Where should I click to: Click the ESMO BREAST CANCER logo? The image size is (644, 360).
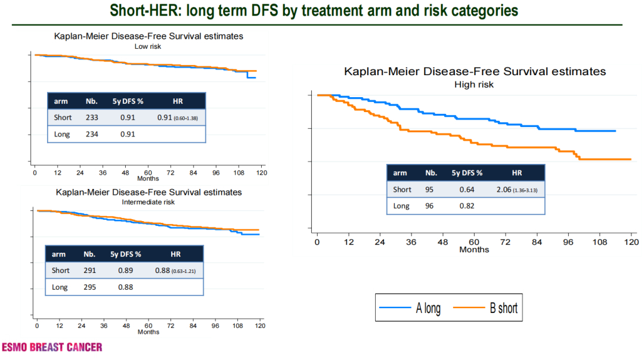52,347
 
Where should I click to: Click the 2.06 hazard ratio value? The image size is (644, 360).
507,190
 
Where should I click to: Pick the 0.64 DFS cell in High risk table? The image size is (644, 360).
467,190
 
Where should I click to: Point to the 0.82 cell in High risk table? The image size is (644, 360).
467,206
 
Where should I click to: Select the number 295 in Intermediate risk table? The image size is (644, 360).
90,287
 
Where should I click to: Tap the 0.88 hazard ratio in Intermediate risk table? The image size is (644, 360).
162,270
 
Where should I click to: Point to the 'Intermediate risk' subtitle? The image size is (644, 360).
148,202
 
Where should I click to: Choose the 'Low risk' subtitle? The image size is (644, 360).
148,45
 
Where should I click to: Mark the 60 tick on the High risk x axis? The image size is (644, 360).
474,242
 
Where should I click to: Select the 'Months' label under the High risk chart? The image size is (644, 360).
474,250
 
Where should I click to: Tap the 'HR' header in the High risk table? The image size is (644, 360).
516,173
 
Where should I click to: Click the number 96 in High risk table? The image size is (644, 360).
431,206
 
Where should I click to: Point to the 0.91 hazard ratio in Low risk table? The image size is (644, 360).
165,117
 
